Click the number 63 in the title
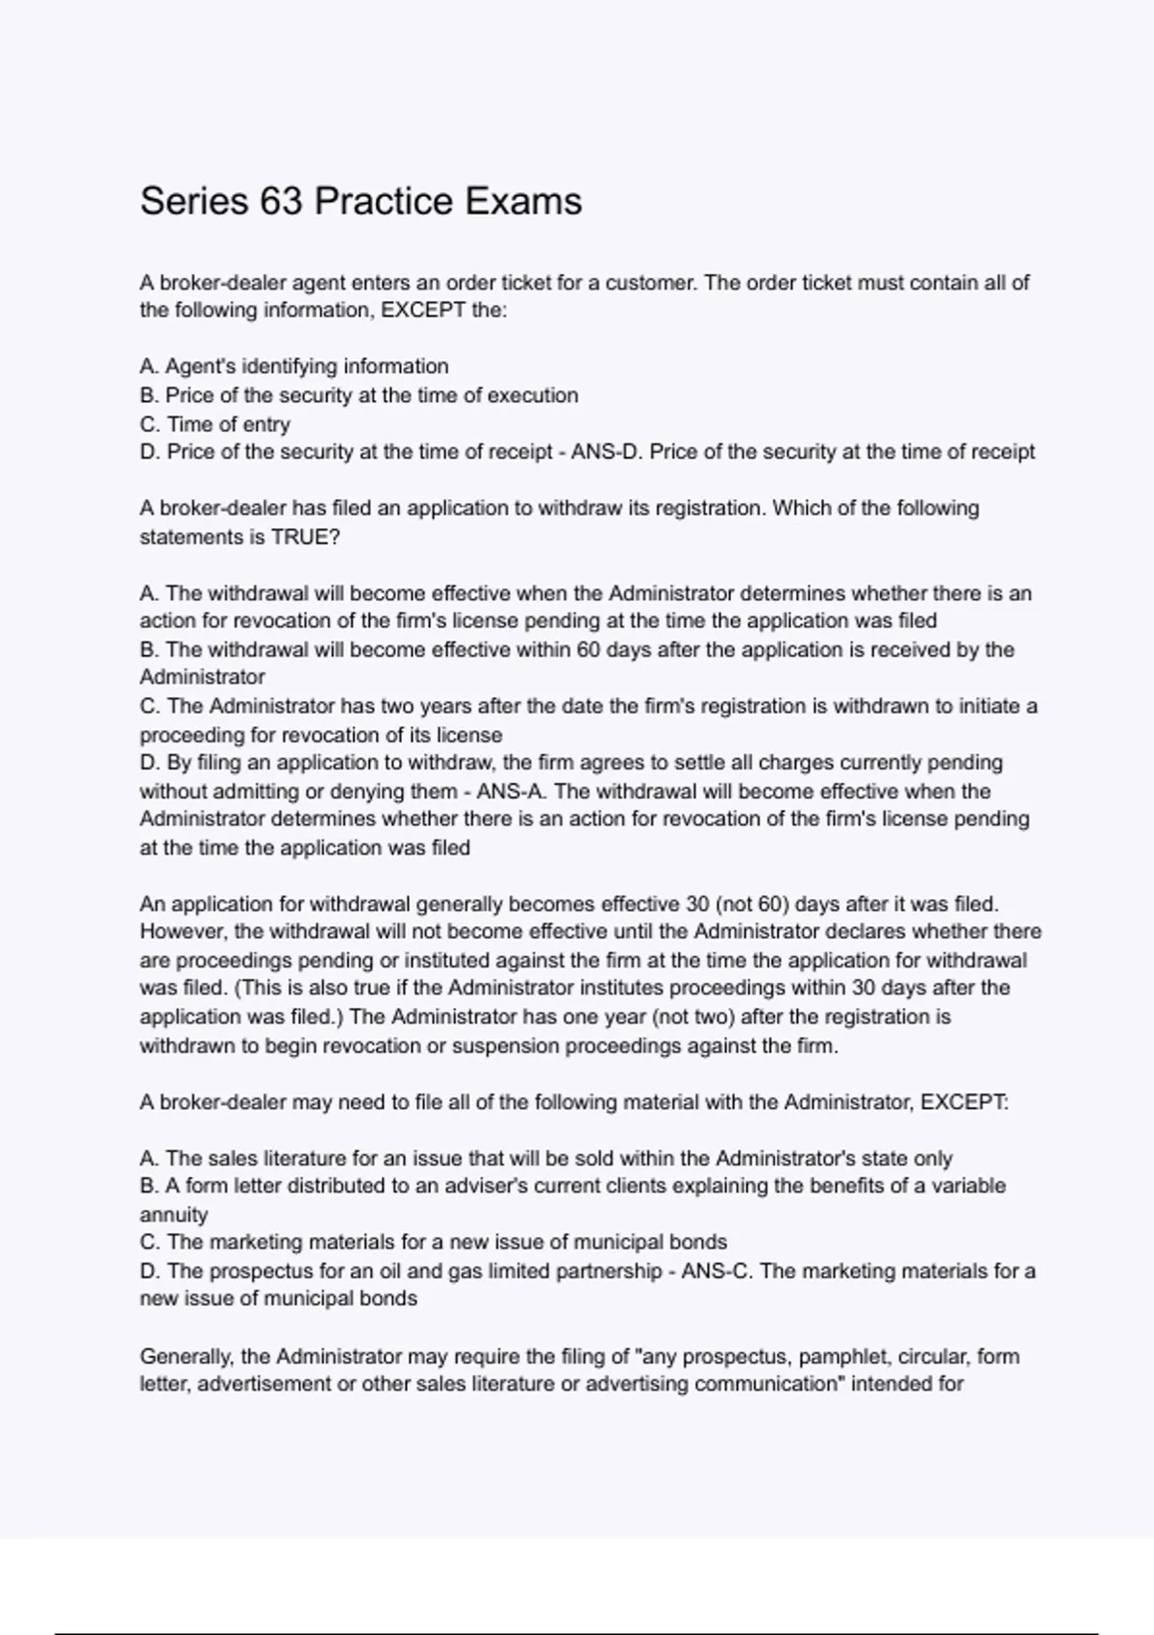(281, 201)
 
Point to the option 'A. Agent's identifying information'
(294, 366)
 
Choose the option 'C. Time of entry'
(214, 424)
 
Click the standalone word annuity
(174, 1215)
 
